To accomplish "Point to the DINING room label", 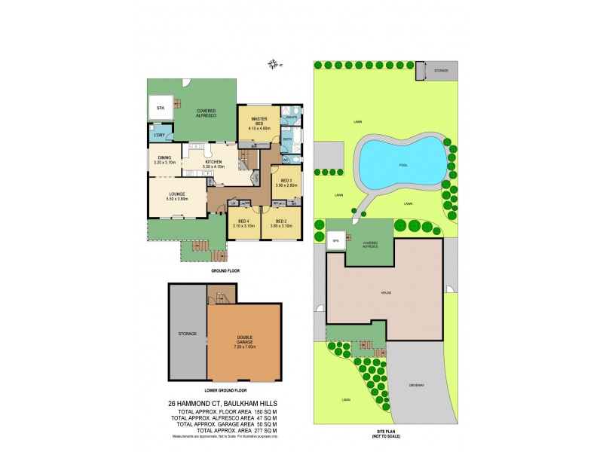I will click(164, 159).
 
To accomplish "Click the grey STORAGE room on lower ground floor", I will click(187, 333).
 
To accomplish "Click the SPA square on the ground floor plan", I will click(160, 108).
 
